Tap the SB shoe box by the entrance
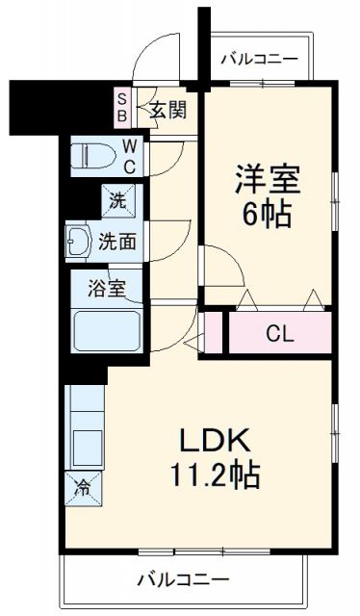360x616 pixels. (122, 107)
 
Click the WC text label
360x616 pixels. (128, 155)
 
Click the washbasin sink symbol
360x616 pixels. (80, 241)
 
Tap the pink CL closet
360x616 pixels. (279, 334)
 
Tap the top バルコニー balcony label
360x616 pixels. (258, 58)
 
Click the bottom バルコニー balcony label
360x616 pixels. (182, 580)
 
